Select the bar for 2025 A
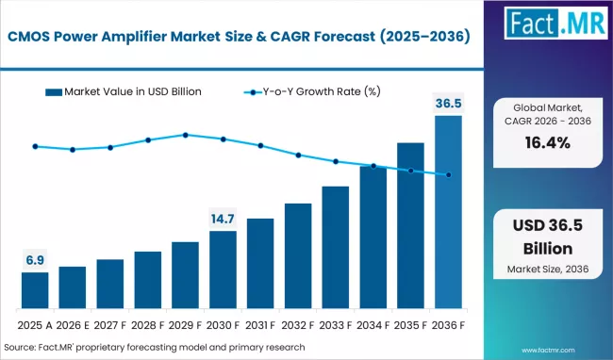[35, 291]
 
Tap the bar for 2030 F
[223, 270]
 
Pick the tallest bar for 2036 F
[448, 213]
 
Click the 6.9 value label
[35, 258]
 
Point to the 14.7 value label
[223, 218]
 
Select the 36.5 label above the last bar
[448, 102]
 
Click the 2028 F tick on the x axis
[148, 325]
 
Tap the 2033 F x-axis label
[335, 325]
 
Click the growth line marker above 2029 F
[186, 135]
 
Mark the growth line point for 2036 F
[448, 174]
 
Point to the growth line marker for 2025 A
[35, 146]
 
